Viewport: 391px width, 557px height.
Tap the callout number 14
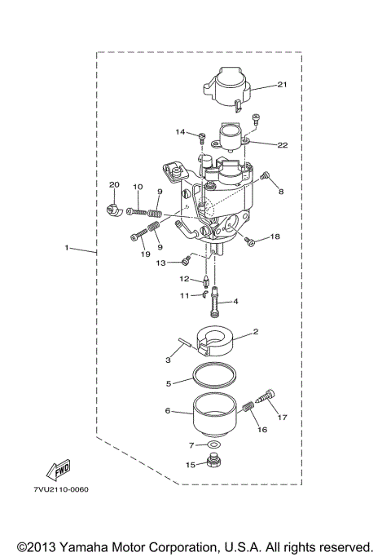[x=180, y=131]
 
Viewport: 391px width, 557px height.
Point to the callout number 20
[x=114, y=185]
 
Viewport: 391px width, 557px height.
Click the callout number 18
[x=275, y=237]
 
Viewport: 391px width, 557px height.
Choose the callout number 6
[x=169, y=412]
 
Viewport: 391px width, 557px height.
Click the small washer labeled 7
[x=214, y=445]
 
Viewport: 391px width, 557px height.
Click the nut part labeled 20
[x=114, y=210]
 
